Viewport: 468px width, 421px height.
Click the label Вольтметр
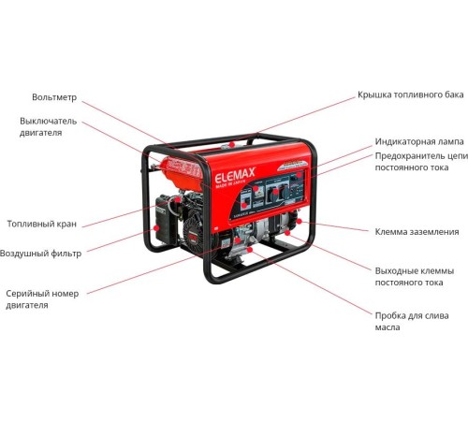pyautogui.click(x=54, y=96)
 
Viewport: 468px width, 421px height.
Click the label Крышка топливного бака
pyautogui.click(x=409, y=95)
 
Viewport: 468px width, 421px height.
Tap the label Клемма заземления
pyautogui.click(x=417, y=231)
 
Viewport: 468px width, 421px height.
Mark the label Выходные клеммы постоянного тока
pyautogui.click(x=411, y=276)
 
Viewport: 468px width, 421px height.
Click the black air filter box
pyautogui.click(x=168, y=221)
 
